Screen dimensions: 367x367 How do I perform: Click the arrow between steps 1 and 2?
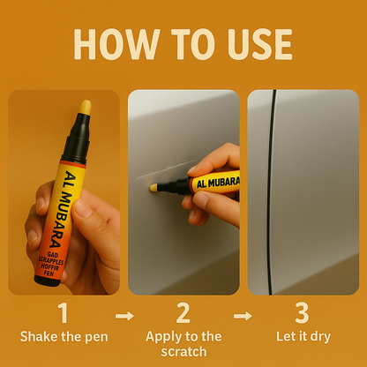point(123,315)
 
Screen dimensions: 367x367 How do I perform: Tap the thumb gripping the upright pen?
point(85,210)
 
